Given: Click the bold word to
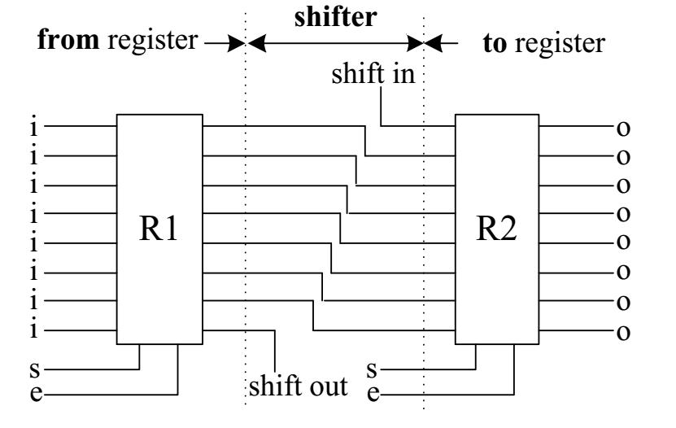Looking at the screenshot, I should (495, 44).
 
